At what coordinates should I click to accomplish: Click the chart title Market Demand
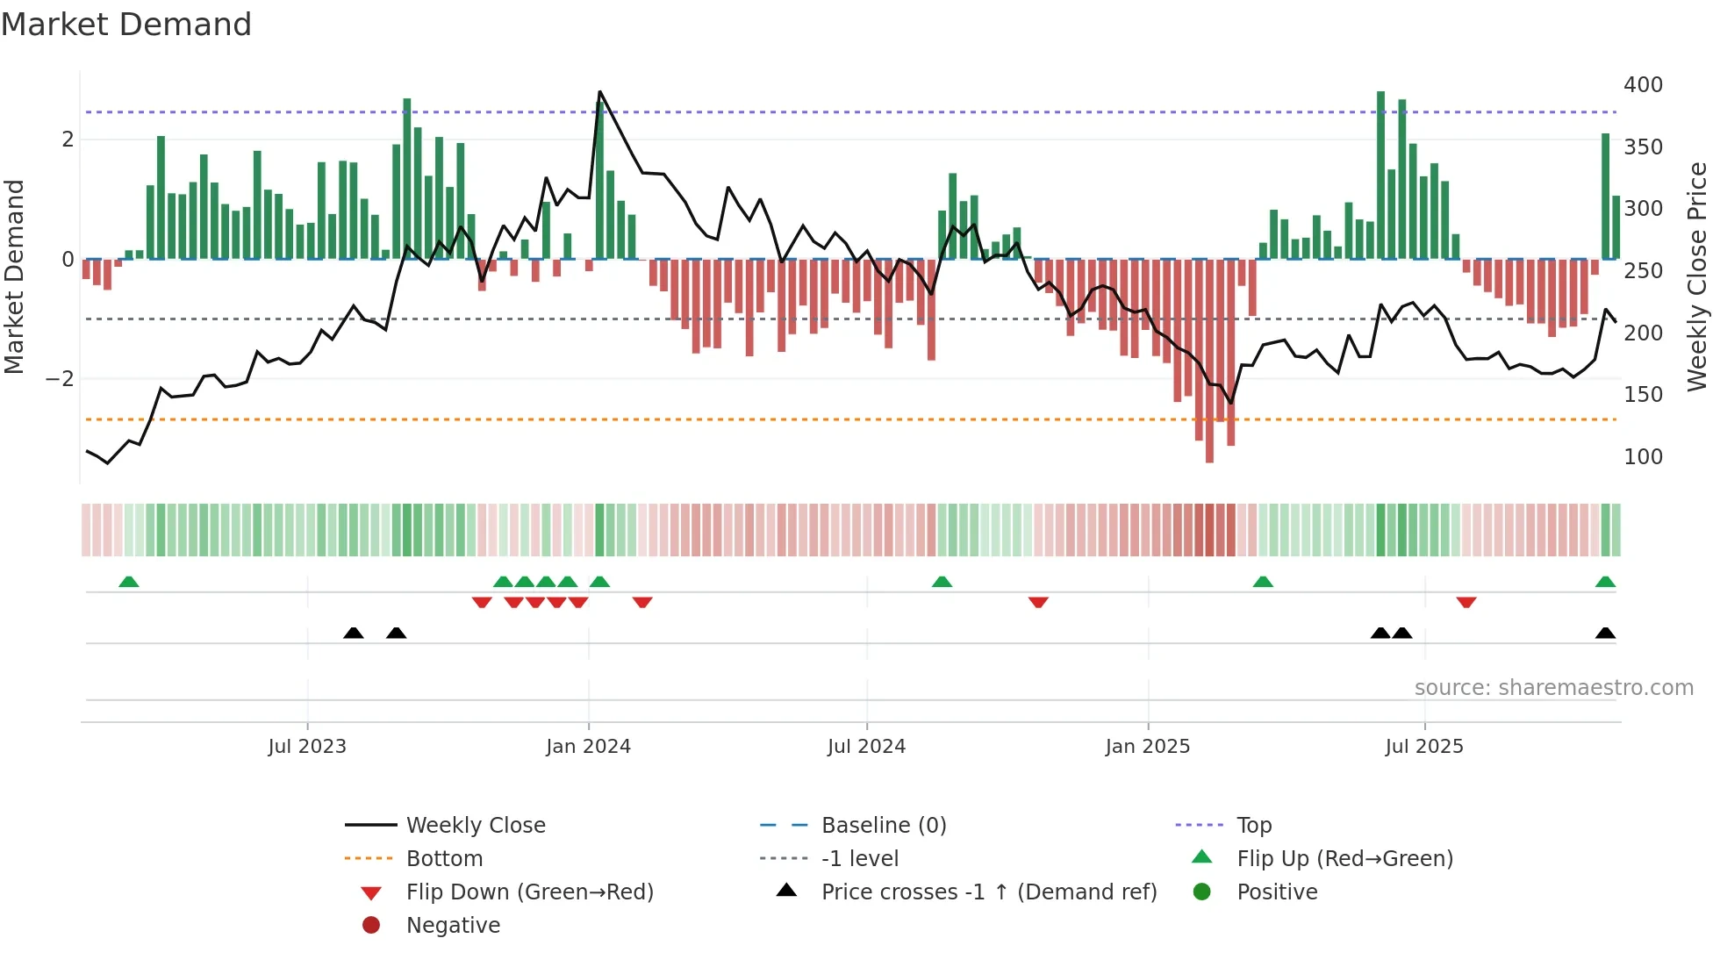point(126,25)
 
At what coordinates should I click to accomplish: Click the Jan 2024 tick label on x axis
point(588,747)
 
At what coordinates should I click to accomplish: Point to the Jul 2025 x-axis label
point(1424,747)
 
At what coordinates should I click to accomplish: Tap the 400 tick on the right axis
point(1643,85)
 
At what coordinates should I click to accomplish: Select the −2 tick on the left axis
point(61,379)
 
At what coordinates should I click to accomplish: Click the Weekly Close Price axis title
point(1697,276)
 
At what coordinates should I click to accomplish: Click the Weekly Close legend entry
point(475,826)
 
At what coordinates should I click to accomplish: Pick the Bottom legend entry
point(444,859)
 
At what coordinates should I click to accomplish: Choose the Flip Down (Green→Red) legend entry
point(529,892)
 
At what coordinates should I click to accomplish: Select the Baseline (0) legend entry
point(883,826)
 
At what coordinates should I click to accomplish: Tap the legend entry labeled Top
point(1254,826)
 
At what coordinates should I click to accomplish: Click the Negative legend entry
point(453,926)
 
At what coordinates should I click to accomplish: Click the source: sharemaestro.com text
point(1553,688)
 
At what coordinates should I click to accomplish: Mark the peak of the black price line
point(599,91)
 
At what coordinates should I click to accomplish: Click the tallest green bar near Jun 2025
point(1380,175)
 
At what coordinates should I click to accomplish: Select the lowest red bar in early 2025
point(1209,360)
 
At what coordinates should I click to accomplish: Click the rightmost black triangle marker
point(1605,633)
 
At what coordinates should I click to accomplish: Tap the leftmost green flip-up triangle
point(129,582)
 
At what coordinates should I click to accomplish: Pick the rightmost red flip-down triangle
point(1466,602)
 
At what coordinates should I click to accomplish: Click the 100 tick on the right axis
point(1643,457)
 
